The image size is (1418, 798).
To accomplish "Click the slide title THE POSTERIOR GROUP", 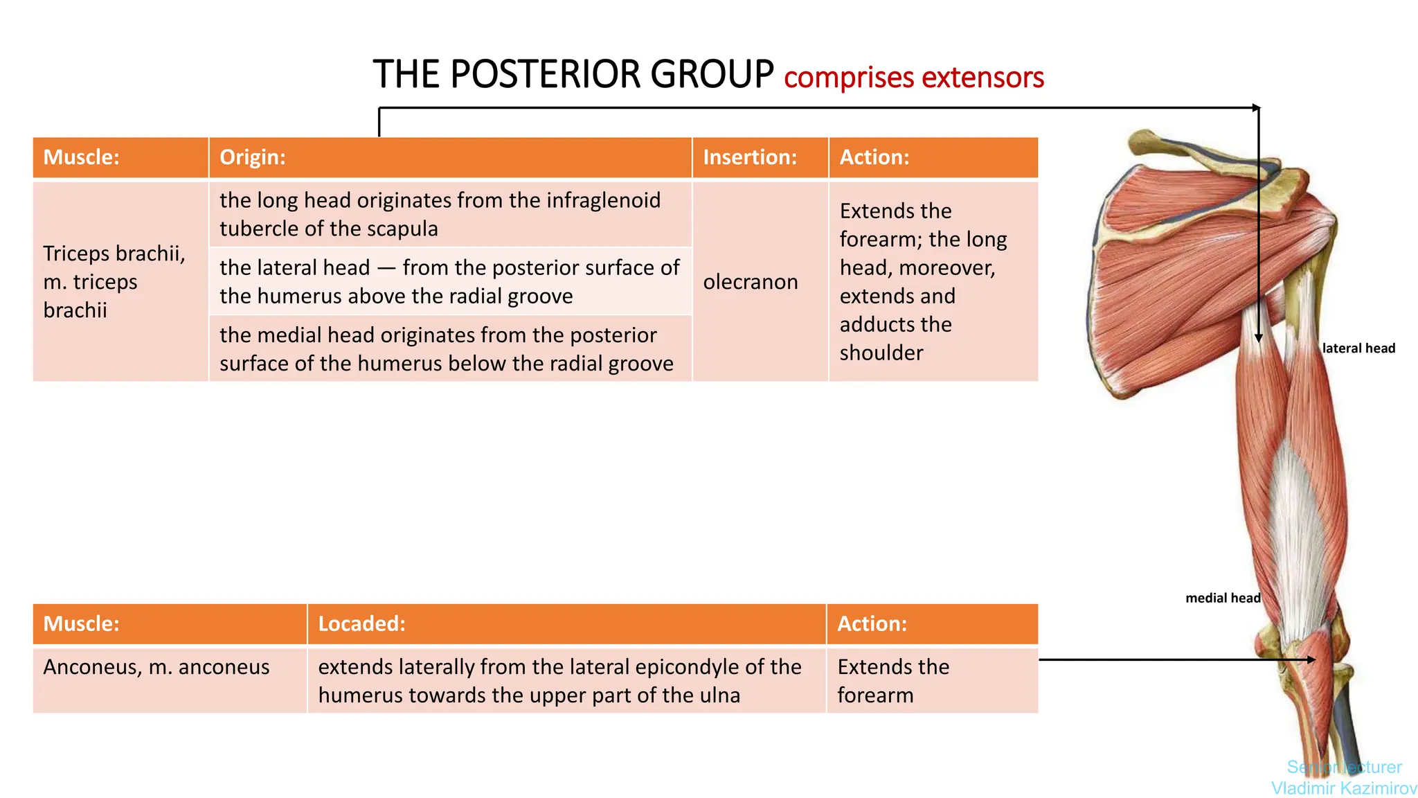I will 573,75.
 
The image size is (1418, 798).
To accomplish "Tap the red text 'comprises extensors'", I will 913,78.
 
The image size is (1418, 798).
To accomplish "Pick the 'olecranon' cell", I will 751,282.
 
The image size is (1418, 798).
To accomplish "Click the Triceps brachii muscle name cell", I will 114,281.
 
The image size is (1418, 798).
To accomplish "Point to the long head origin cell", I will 440,214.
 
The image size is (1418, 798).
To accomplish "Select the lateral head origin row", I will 449,281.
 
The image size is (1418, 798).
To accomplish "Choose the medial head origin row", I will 447,348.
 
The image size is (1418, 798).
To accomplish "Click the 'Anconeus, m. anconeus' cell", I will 156,667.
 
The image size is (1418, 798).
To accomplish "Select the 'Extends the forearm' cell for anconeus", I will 893,680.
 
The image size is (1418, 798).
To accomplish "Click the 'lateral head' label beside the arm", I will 1358,348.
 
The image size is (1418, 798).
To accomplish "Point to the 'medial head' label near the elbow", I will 1223,598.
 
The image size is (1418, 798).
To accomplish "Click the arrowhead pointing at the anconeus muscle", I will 1310,660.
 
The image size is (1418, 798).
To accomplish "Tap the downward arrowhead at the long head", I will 1259,337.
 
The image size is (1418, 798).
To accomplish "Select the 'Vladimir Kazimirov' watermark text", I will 1344,788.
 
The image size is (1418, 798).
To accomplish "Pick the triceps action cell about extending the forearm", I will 923,281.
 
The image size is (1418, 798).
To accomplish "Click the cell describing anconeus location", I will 559,680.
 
